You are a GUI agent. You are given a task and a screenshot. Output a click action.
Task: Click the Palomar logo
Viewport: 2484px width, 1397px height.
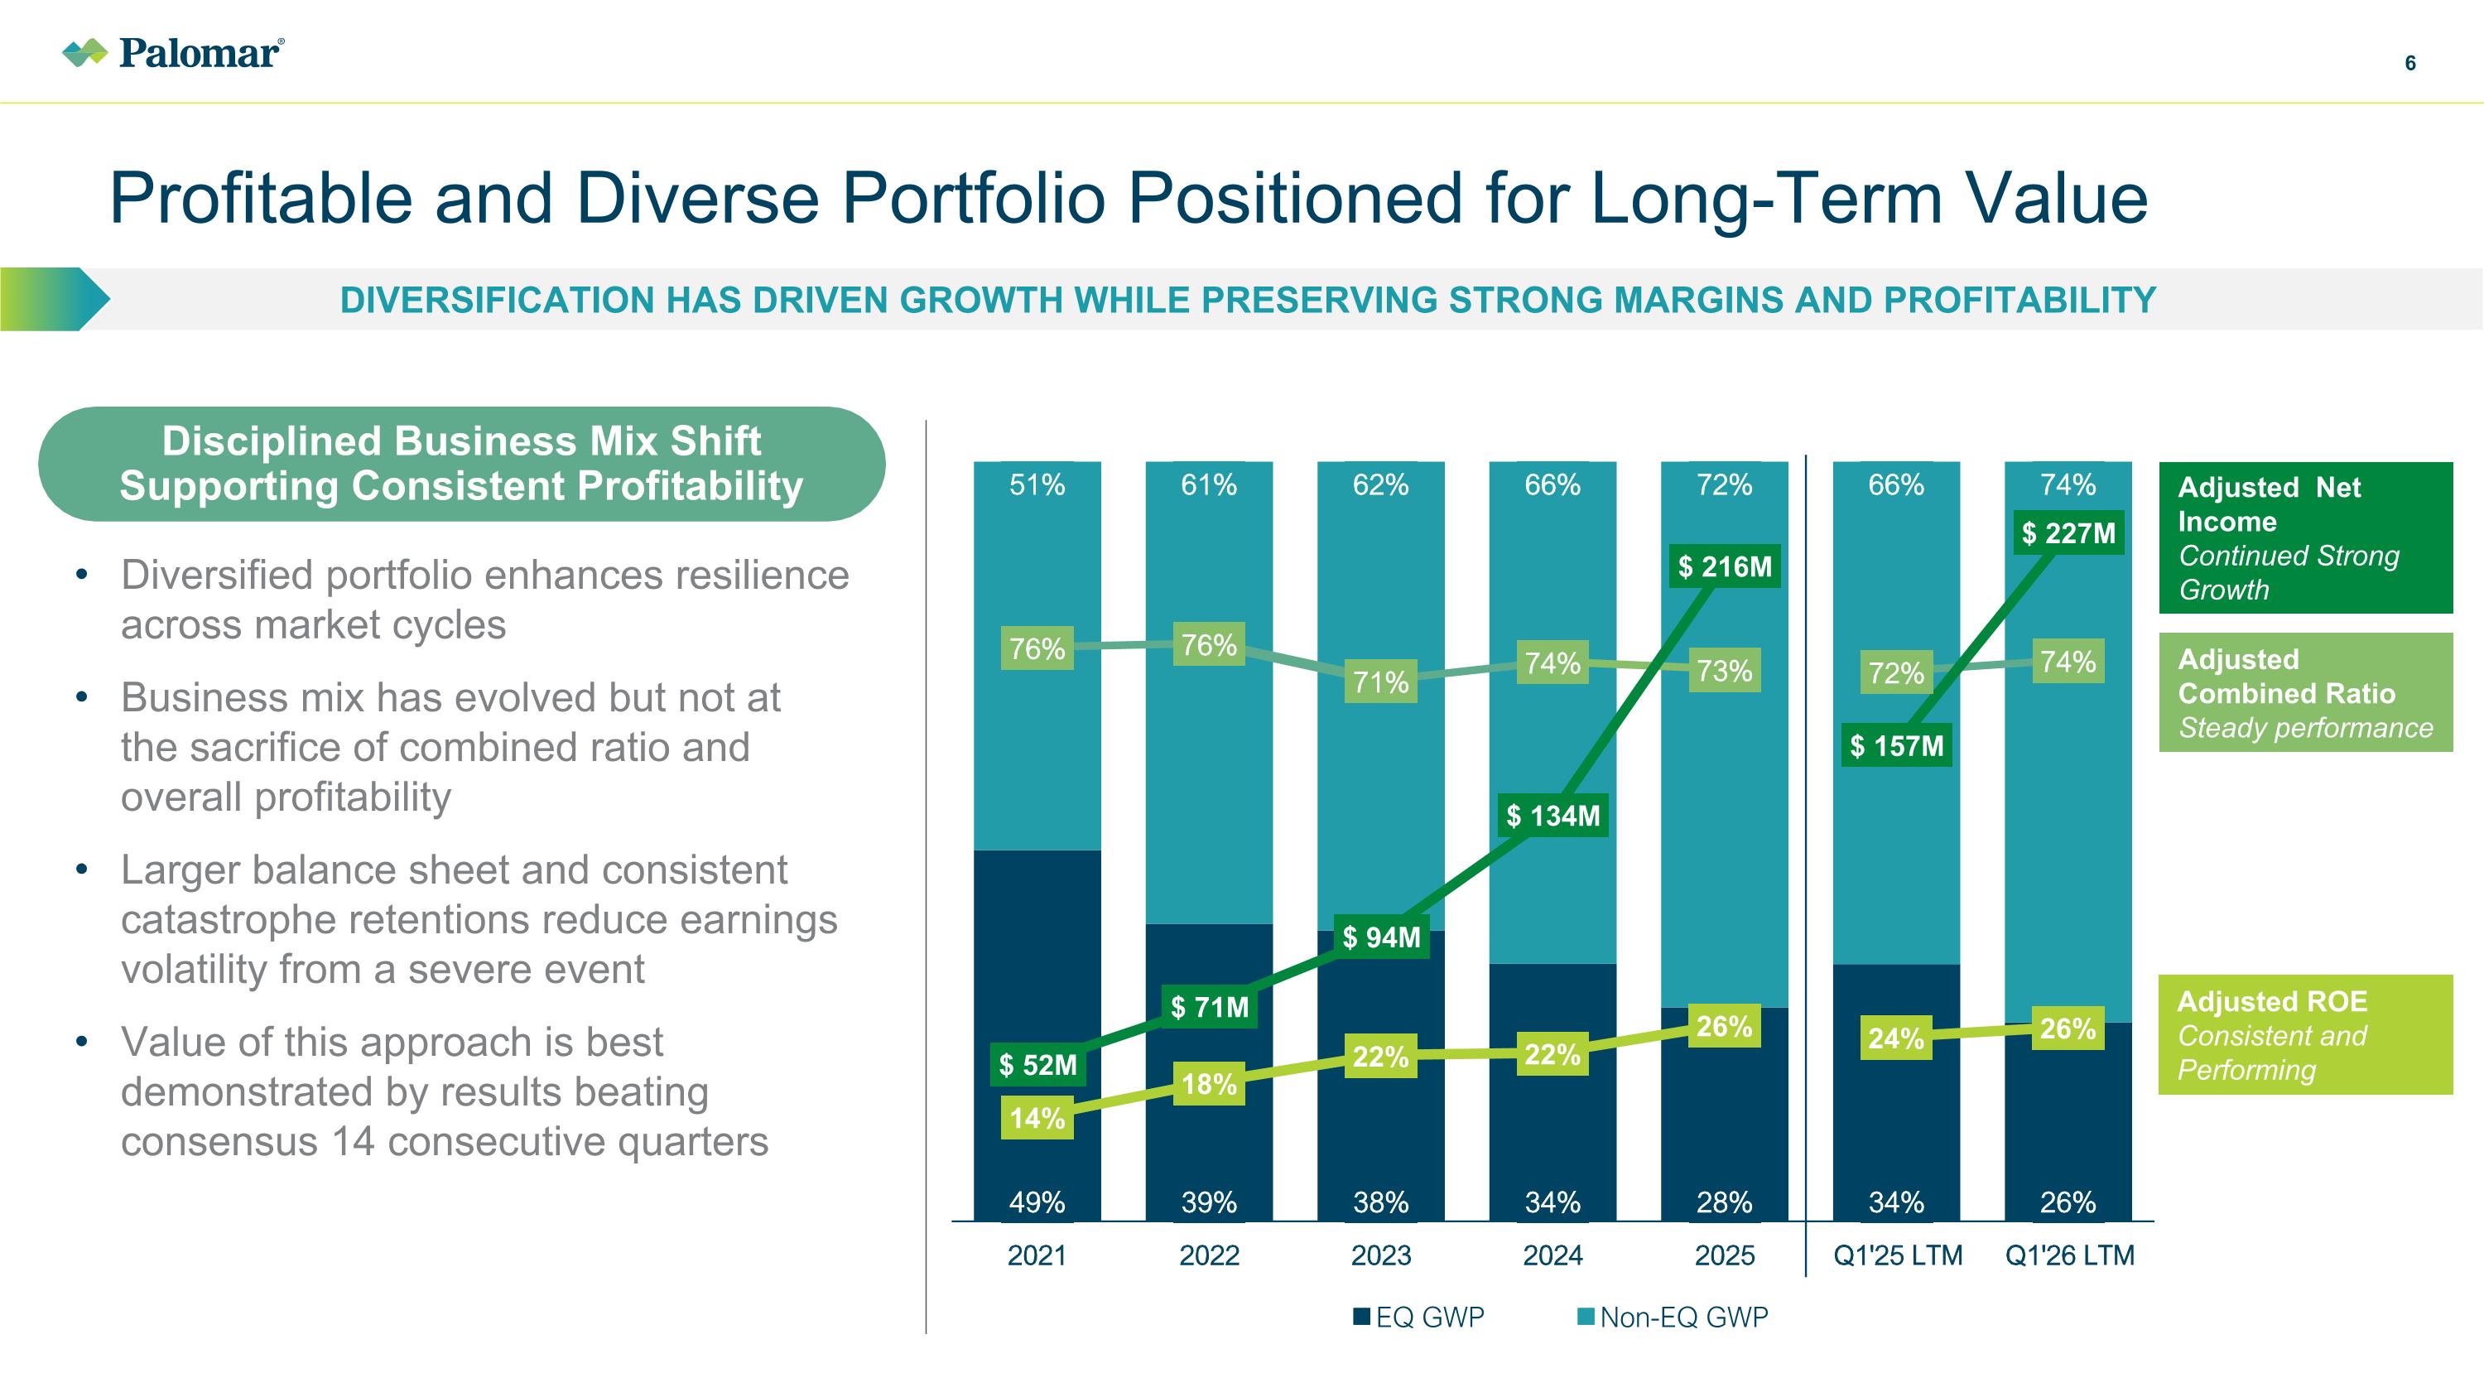tap(172, 52)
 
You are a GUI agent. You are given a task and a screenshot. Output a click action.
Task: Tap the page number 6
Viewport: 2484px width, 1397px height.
tap(2409, 64)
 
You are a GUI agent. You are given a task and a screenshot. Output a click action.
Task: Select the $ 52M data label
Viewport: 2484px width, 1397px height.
tap(1037, 1064)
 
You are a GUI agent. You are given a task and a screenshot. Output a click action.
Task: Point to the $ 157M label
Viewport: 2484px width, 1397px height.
tap(1896, 745)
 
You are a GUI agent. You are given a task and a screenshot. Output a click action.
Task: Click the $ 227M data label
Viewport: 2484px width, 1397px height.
tap(2068, 532)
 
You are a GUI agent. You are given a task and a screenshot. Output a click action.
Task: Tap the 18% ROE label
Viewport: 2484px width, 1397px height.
tap(1209, 1084)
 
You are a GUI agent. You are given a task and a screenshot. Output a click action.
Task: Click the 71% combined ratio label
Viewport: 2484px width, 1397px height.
tap(1381, 682)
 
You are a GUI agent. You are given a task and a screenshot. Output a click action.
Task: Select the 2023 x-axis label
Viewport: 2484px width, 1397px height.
tap(1381, 1255)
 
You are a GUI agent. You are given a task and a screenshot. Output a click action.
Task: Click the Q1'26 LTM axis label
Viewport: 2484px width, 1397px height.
tap(2069, 1255)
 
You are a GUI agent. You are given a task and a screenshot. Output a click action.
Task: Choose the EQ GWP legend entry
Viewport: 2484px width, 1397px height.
tap(1419, 1317)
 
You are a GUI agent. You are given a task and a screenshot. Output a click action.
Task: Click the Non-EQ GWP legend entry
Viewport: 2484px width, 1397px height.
tap(1673, 1317)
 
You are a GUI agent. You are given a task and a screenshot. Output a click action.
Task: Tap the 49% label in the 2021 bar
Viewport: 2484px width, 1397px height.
tap(1037, 1202)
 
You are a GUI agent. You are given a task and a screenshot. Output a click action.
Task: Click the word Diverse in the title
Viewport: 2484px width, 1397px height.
tap(697, 198)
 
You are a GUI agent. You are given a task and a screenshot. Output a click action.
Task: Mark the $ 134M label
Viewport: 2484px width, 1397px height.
tap(1552, 816)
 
